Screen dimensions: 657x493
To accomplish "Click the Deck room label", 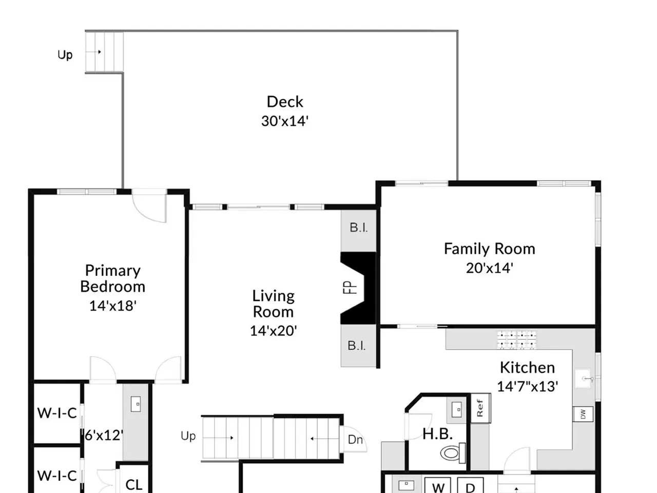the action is (x=285, y=102).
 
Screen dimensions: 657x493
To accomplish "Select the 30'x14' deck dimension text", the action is (x=285, y=121).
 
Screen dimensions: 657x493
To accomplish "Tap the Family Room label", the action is (x=489, y=249).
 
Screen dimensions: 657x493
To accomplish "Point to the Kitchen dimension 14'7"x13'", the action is (x=527, y=386).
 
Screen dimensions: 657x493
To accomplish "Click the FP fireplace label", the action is (x=350, y=288).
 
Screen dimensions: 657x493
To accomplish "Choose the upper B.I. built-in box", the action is (x=359, y=231).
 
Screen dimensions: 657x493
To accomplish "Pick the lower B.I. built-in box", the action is (x=359, y=346).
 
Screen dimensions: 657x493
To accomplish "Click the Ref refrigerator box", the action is (x=481, y=408).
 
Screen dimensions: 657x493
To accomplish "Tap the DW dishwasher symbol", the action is (x=583, y=414).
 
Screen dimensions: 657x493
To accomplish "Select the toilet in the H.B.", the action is (x=453, y=453).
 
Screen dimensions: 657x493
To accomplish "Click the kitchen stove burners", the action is (x=517, y=339).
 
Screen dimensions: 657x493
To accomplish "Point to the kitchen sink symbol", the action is (x=583, y=378).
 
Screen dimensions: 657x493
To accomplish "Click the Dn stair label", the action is (x=355, y=440).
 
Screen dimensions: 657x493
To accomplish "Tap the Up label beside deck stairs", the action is (x=65, y=55).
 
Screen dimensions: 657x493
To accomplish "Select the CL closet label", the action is (x=133, y=484).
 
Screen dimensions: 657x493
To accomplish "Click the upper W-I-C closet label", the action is (x=57, y=413).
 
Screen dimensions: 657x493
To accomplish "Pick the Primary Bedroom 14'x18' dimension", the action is (x=113, y=306).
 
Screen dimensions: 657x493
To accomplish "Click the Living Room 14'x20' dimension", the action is (x=273, y=331).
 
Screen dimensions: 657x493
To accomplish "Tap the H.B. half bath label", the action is (x=437, y=434).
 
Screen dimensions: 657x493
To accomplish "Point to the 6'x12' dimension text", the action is (x=104, y=435).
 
